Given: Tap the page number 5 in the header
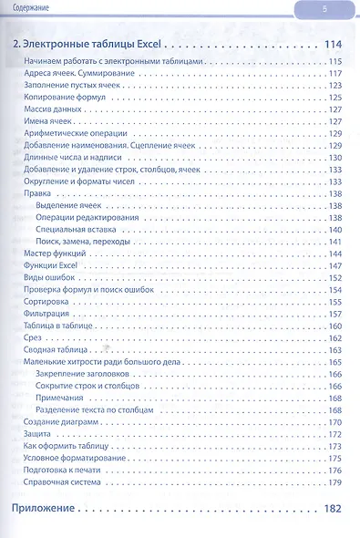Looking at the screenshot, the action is click(x=324, y=9).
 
